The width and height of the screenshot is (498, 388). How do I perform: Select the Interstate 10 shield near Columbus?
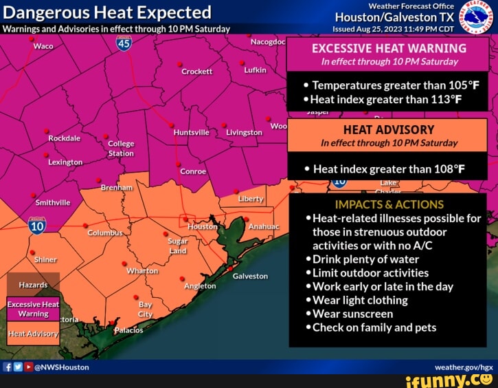[x=37, y=225]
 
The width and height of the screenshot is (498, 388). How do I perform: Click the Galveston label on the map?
[x=250, y=276]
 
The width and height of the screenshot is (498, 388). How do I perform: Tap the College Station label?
[x=121, y=149]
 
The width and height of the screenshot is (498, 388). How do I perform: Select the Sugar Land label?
[x=178, y=246]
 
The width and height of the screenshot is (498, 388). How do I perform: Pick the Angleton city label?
[x=200, y=285]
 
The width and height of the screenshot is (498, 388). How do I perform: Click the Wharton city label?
[x=142, y=271]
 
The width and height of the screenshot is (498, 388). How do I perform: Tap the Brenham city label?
[x=116, y=188]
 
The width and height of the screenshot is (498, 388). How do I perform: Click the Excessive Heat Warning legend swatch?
[x=34, y=308]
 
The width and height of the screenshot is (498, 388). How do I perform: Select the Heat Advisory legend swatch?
[x=34, y=334]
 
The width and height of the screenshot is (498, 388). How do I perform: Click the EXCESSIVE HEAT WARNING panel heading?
[x=389, y=48]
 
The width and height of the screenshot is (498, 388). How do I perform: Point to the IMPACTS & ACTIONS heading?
[x=389, y=204]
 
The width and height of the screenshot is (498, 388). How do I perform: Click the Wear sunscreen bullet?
[x=352, y=314]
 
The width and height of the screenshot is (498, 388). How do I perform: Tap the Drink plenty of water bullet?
[x=365, y=259]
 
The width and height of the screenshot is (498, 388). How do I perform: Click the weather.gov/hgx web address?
[x=468, y=367]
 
